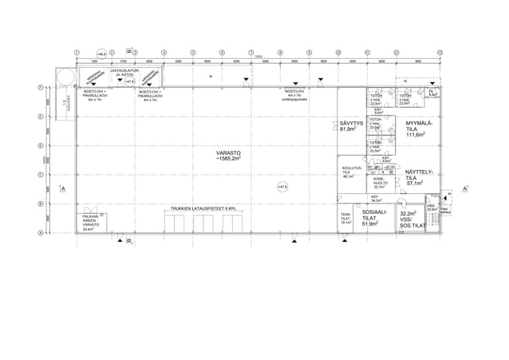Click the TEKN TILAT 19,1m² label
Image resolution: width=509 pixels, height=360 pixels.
pyautogui.click(x=345, y=220)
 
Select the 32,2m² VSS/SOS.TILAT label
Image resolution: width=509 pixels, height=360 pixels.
pyautogui.click(x=409, y=220)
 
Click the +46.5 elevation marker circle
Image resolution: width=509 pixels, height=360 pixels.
pyautogui.click(x=101, y=53)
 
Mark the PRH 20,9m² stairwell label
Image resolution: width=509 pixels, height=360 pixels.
pyautogui.click(x=432, y=208)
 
